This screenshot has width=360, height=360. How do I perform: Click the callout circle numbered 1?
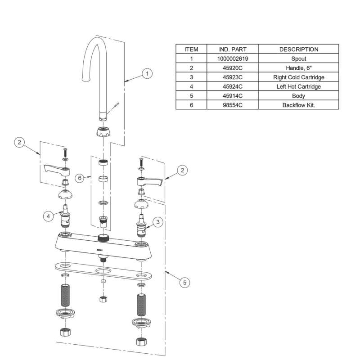click(147, 73)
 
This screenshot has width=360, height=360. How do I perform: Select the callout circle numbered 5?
click(184, 282)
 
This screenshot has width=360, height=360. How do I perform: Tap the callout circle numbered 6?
click(80, 178)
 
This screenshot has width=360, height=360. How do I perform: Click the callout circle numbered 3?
click(157, 222)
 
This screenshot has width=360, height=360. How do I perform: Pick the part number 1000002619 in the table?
click(232, 58)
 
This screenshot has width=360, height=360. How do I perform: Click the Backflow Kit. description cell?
click(298, 105)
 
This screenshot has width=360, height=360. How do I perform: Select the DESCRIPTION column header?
click(298, 49)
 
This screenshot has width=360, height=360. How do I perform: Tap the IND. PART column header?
click(232, 49)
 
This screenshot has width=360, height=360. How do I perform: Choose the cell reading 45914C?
click(232, 96)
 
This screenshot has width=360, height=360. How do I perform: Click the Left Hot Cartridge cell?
click(298, 86)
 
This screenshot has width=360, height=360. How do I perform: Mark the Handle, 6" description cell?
click(298, 68)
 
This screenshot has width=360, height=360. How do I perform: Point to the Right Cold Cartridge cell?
click(298, 77)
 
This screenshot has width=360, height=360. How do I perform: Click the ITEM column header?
click(191, 49)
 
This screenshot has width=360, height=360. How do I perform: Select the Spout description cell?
click(298, 58)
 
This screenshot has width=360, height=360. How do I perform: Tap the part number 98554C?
click(232, 105)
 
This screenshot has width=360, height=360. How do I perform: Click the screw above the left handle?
click(66, 151)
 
